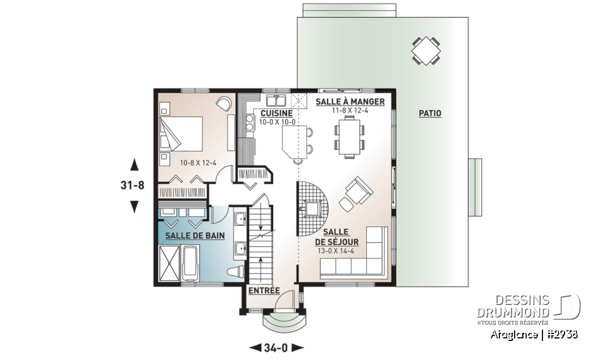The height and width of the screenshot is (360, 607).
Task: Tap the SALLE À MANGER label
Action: point(341,102)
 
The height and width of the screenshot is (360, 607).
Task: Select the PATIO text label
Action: point(430,114)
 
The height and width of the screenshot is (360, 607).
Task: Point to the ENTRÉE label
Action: point(264,291)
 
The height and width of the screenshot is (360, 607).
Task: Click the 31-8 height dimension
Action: point(134,186)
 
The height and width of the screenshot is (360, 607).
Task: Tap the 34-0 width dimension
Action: point(277,347)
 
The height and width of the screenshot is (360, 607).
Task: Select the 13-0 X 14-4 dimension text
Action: point(336,251)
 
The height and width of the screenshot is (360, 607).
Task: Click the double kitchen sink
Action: point(276,101)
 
